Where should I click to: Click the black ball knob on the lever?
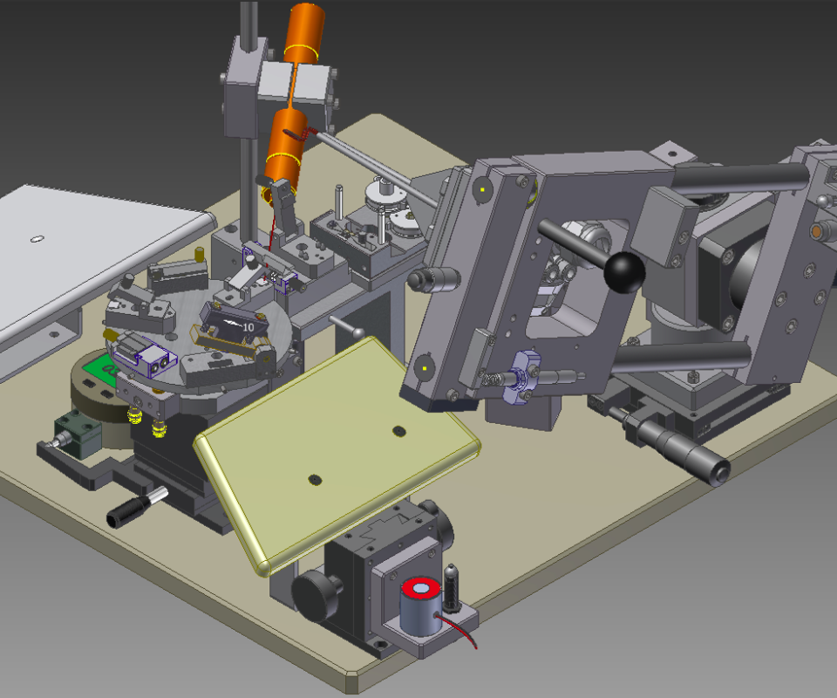pyautogui.click(x=624, y=272)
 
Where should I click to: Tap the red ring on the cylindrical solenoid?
pyautogui.click(x=421, y=589)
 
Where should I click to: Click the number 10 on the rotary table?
pyautogui.click(x=248, y=327)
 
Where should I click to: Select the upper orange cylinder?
pyautogui.click(x=305, y=31)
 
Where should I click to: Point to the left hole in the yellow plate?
pyautogui.click(x=315, y=480)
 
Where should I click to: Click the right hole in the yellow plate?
pyautogui.click(x=398, y=430)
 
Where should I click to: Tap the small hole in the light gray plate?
pyautogui.click(x=37, y=239)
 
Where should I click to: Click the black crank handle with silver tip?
pyautogui.click(x=137, y=507)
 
